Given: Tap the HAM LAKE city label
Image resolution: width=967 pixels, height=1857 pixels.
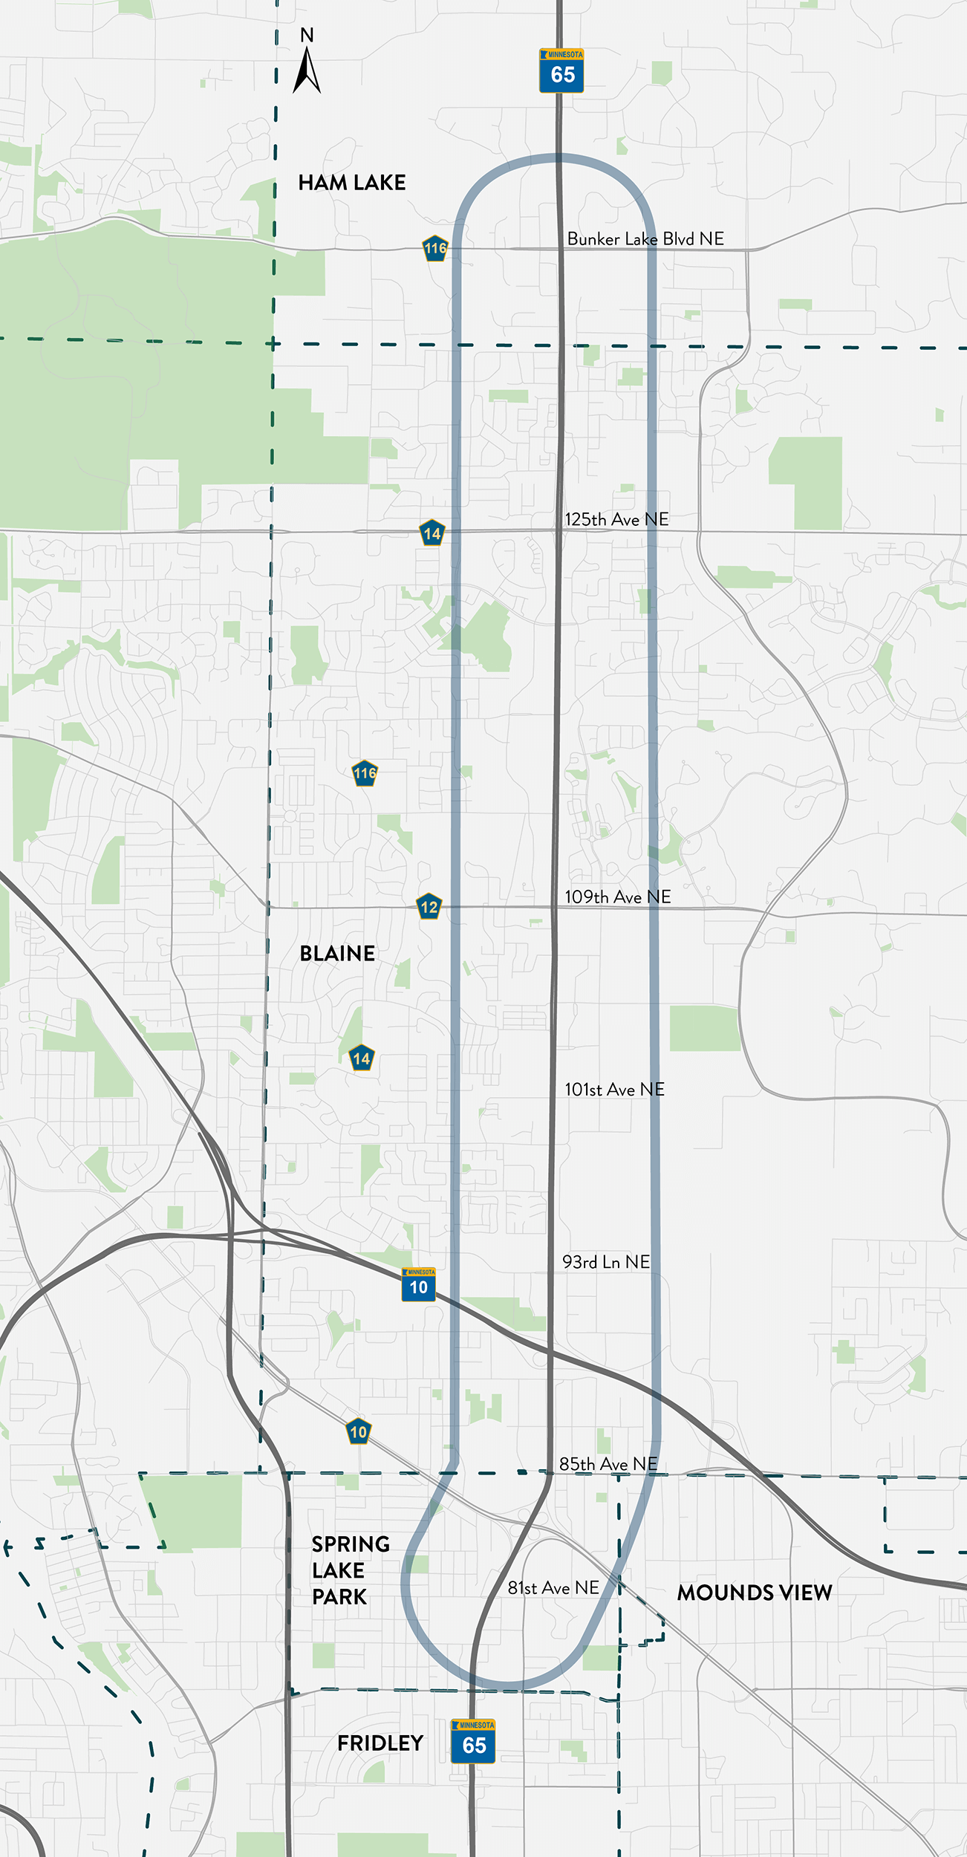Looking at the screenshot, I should click(352, 183).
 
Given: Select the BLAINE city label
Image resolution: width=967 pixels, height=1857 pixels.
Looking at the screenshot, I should click(337, 954).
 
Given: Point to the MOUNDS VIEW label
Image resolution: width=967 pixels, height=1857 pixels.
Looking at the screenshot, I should click(754, 1593).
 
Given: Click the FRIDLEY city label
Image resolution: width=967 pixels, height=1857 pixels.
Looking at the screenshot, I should click(380, 1743).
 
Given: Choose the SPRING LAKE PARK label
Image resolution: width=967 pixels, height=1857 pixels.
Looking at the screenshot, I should click(349, 1570).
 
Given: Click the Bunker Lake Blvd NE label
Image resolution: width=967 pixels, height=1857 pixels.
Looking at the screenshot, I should click(645, 239).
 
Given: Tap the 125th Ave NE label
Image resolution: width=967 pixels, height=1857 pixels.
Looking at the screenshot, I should click(616, 520).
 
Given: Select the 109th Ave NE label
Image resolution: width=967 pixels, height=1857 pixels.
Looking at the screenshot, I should click(617, 897).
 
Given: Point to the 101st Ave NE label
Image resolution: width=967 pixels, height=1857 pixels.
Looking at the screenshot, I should click(614, 1090).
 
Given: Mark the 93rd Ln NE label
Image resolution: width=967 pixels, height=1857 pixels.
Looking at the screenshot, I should click(606, 1262).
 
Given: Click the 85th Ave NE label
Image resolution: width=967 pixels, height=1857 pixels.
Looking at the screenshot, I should click(608, 1464).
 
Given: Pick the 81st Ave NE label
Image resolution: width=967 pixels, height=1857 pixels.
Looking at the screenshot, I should click(553, 1588).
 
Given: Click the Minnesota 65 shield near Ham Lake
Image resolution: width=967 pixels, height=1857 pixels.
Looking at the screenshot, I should click(561, 71).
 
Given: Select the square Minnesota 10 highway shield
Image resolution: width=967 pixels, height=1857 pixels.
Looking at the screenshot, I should click(419, 1285).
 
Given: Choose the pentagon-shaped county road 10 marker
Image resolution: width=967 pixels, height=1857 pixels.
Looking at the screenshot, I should click(359, 1432).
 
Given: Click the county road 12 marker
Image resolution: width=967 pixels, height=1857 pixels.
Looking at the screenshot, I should click(429, 907).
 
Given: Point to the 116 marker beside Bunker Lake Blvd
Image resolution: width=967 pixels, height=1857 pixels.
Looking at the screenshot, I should click(435, 249).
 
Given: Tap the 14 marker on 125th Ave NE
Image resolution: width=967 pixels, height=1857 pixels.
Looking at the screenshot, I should click(432, 533).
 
